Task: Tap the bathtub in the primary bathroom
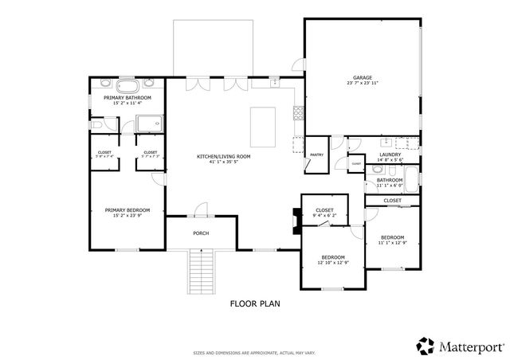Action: click(x=127, y=85)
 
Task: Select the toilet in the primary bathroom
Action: click(x=96, y=124)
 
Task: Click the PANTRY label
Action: click(x=316, y=155)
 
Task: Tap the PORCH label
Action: click(x=201, y=233)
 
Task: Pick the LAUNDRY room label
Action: click(x=390, y=155)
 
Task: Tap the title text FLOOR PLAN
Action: click(x=254, y=303)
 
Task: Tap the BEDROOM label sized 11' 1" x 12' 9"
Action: click(x=391, y=237)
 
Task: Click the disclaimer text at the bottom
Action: click(x=254, y=351)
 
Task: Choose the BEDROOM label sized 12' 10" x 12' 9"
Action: click(x=332, y=256)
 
